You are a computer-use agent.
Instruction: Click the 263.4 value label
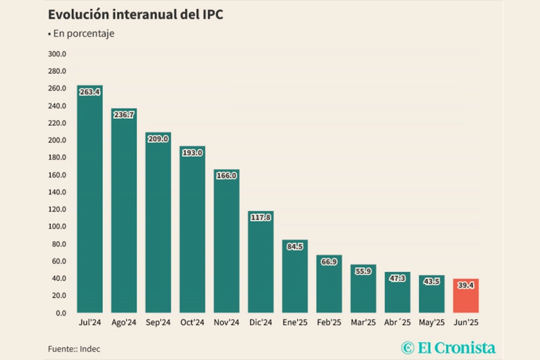coord(89,92)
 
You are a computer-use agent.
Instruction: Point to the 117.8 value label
coord(260,217)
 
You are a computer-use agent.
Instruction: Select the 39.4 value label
coord(466,286)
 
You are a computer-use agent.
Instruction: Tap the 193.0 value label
coord(192,153)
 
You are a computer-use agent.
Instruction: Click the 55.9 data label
coord(363,271)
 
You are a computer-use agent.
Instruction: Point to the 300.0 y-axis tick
coord(58,54)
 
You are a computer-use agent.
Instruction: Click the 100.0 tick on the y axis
coord(58,227)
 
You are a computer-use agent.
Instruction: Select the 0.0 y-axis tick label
coord(61,313)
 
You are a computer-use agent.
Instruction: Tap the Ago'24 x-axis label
coord(124,323)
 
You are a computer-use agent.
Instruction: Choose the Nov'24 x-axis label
coord(226,323)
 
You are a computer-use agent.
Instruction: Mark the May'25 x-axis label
coord(431,323)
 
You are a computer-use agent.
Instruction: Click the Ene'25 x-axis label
coord(295,323)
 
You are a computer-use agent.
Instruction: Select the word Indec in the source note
coord(91,348)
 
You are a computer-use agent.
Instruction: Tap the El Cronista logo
coord(449,347)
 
